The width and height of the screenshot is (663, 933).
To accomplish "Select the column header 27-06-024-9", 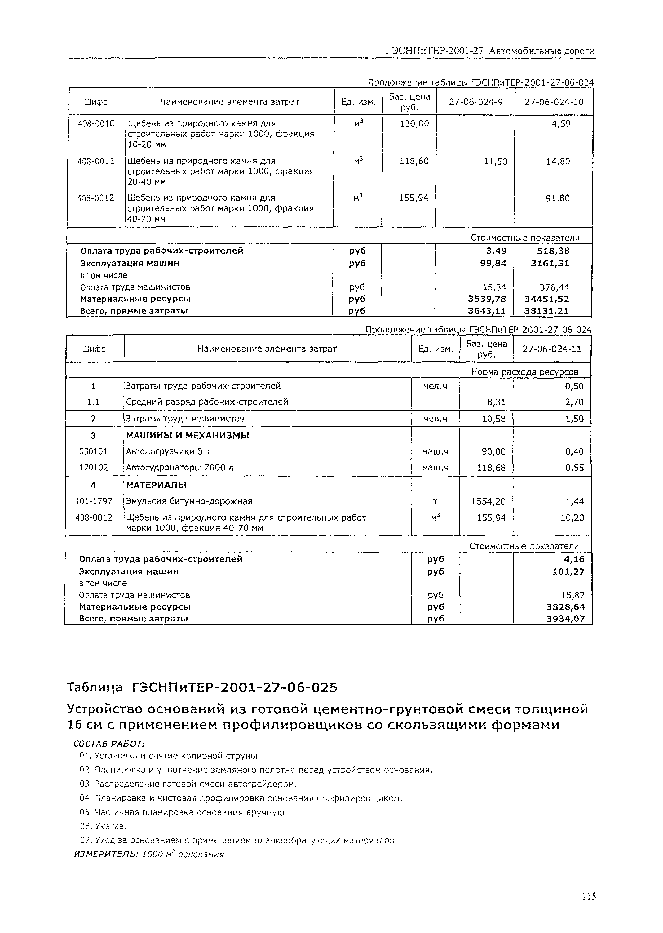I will pos(475,102).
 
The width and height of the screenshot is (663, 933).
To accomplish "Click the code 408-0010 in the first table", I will pos(96,123).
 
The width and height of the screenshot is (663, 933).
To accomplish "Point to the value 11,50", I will pos(495,162).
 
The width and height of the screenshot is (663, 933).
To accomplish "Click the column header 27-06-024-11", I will pos(551,349).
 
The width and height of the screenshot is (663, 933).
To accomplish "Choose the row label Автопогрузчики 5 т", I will pos(168,451).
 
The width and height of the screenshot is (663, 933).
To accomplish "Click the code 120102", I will pos(94,468).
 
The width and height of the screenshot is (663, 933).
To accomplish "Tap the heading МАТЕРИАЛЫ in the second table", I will pos(156,485).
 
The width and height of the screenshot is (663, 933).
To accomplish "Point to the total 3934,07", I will pos(565,619).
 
